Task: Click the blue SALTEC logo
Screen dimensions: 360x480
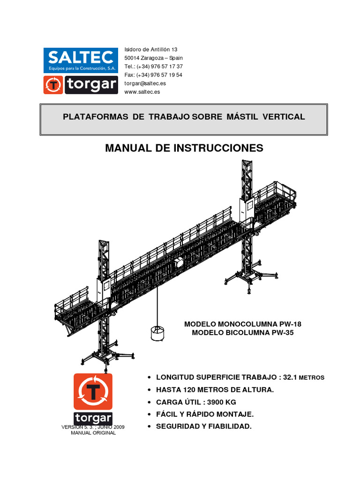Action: [x=81, y=60]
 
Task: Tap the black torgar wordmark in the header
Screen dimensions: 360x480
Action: [x=91, y=85]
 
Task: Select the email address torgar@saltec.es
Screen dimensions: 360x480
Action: [x=145, y=83]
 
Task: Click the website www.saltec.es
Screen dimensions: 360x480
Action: [x=142, y=92]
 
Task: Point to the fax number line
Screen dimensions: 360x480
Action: [x=153, y=75]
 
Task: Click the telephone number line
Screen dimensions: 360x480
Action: [x=153, y=67]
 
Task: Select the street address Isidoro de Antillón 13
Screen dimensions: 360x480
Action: [x=150, y=49]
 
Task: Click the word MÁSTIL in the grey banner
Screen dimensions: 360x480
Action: [x=242, y=117]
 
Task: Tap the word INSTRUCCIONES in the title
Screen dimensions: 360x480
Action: [x=218, y=148]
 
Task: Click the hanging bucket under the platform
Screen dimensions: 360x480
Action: [x=157, y=333]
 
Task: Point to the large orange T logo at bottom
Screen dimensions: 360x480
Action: [x=93, y=391]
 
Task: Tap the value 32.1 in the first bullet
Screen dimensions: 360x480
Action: [x=290, y=377]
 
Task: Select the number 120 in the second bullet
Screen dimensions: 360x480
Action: [x=189, y=390]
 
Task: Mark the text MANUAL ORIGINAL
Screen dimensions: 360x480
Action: [x=93, y=433]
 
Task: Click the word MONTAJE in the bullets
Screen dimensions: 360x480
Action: [x=235, y=414]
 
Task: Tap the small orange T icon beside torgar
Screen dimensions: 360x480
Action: [x=53, y=85]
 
